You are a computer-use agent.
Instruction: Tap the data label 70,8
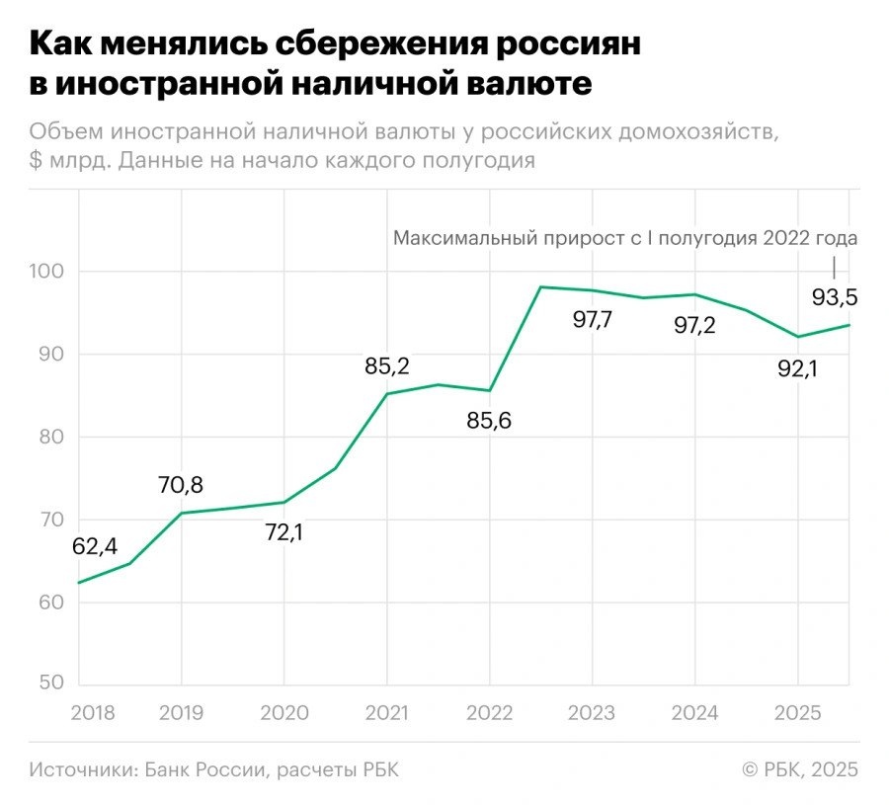click(181, 485)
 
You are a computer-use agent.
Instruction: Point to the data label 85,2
click(386, 366)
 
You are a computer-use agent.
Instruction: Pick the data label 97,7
click(593, 320)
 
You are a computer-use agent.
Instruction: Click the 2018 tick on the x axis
click(94, 711)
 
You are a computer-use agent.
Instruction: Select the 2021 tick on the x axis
click(386, 711)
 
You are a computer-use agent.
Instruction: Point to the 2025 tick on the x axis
click(797, 711)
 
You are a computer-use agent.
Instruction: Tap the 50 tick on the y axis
click(53, 684)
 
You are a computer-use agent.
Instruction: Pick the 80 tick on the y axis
click(53, 437)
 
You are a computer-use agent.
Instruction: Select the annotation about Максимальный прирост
click(625, 238)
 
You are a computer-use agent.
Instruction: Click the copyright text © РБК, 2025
click(799, 769)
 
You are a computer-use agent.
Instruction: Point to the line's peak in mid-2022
click(540, 286)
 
